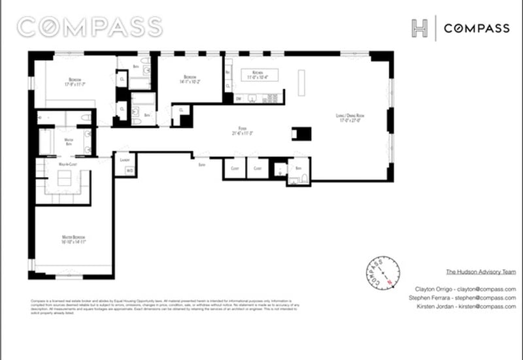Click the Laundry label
(124, 159)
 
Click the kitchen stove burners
(271, 99)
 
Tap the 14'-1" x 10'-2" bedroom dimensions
(190, 82)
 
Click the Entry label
(202, 165)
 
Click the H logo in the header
(419, 28)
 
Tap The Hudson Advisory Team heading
(481, 271)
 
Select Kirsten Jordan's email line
(465, 306)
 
